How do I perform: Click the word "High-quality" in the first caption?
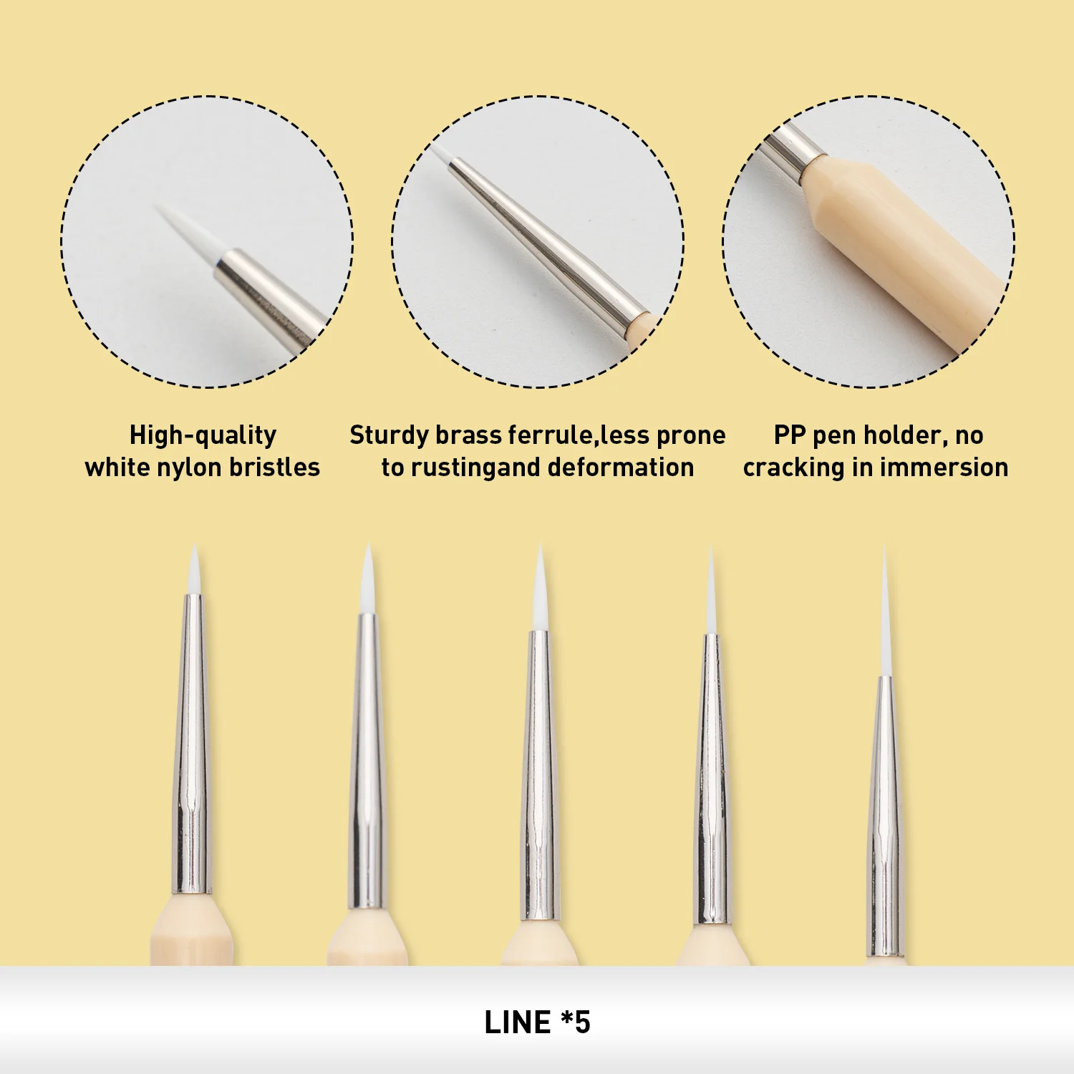203,435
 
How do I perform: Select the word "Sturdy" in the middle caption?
389,435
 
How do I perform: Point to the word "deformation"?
620,468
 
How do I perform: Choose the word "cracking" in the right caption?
793,468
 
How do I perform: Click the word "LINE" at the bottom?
517,1022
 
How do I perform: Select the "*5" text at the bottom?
576,1022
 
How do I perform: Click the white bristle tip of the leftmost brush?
193,573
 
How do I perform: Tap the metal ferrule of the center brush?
540,773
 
